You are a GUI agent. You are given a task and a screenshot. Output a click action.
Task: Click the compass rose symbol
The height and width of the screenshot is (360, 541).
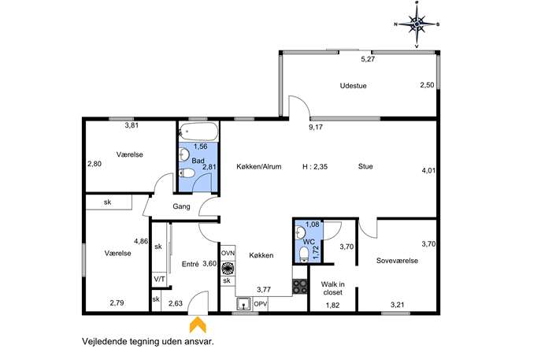coord(417,24)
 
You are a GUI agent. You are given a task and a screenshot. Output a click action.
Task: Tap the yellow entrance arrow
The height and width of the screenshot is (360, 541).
coord(198,325)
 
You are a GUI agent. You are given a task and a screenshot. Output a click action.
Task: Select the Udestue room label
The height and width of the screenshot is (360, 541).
coord(353,86)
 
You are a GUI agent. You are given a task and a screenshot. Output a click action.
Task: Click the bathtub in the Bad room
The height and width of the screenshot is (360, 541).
coord(198,132)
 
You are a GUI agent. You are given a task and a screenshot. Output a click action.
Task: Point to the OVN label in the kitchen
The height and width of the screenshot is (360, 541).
coord(228,253)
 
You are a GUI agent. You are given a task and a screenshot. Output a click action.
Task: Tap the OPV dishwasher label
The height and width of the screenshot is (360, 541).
coord(261,304)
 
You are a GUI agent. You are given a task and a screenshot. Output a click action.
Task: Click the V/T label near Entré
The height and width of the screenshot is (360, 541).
coord(159,279)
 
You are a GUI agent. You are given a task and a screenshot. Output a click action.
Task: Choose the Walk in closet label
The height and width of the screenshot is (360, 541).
coord(332,288)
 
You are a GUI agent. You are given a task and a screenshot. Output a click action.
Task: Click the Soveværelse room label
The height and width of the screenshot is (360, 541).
coord(397,261)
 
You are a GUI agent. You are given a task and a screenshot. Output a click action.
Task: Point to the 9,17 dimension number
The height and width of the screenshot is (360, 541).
coord(316,127)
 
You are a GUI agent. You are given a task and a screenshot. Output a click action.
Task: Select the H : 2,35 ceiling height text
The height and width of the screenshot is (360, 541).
coord(315,167)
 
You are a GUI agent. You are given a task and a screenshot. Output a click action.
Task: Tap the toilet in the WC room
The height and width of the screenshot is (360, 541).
coord(304,254)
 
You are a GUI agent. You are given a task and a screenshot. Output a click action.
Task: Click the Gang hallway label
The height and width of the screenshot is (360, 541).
coord(181,206)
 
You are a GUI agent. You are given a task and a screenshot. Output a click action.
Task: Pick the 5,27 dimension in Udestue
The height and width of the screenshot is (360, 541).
coord(368,59)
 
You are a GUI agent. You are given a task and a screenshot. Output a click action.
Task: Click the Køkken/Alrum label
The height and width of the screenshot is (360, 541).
coord(259,166)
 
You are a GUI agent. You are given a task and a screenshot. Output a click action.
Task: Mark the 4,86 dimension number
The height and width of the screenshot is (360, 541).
coord(141,241)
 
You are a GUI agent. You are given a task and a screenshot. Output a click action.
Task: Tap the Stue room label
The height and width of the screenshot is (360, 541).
coord(365,166)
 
